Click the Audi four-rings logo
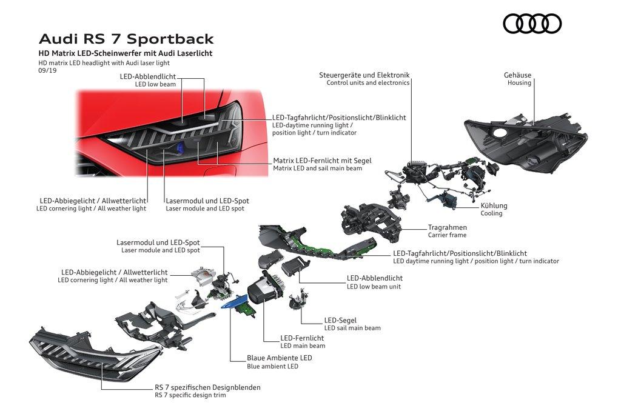(x=532, y=24)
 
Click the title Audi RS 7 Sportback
(x=126, y=39)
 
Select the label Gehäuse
(x=517, y=75)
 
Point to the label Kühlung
(x=494, y=206)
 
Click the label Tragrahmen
(x=448, y=227)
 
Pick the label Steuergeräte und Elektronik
(x=364, y=75)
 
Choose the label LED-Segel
(x=340, y=320)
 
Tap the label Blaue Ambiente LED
(x=279, y=358)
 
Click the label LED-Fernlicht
(x=302, y=338)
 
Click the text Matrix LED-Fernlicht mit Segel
(x=322, y=161)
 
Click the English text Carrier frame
(x=447, y=235)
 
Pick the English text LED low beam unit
(x=374, y=287)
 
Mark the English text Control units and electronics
(x=368, y=83)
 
